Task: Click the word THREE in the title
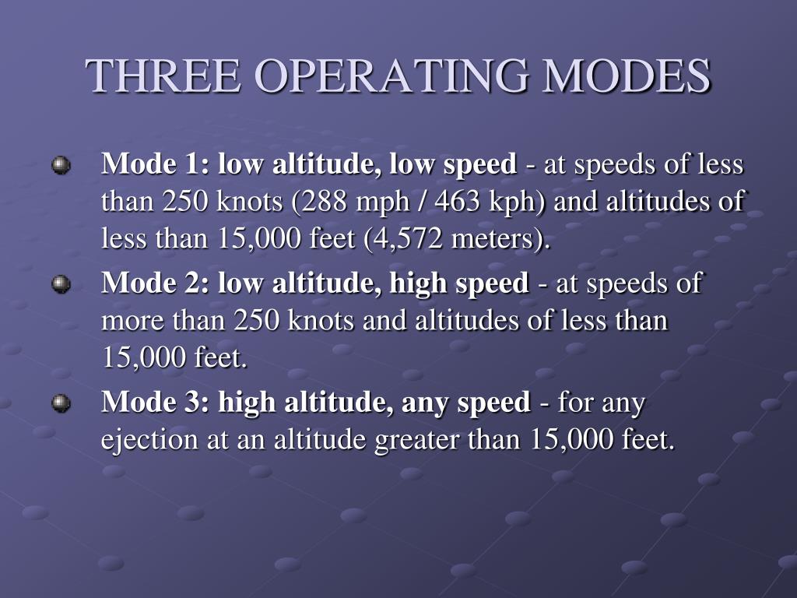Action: click(x=163, y=76)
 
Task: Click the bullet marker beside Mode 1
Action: click(x=60, y=166)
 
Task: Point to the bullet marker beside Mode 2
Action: click(x=60, y=285)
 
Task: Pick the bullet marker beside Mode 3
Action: click(x=60, y=403)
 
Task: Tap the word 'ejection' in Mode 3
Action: click(x=149, y=441)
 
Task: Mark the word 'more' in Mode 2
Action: click(x=127, y=321)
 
